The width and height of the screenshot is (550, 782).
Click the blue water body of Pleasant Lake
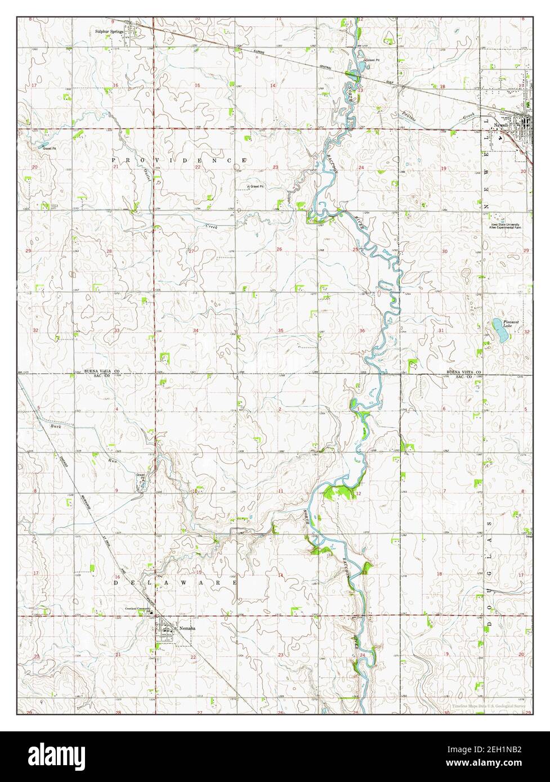[x=499, y=330]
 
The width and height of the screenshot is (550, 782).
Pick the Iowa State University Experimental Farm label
[x=506, y=226]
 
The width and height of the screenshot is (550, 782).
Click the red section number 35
[x=280, y=331]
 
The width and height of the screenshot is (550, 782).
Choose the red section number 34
[x=196, y=331]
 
